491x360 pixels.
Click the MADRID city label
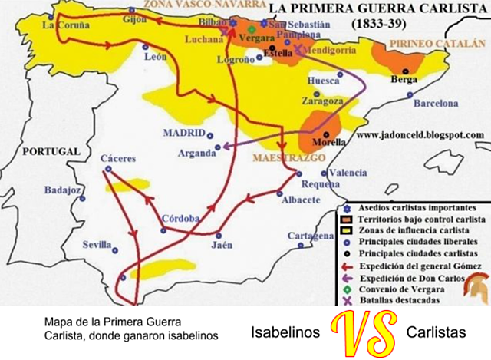tap(184, 133)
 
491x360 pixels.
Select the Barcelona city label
tap(435, 103)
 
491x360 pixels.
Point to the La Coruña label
tap(61, 25)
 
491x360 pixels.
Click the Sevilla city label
tap(97, 245)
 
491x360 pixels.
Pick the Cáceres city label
tap(118, 159)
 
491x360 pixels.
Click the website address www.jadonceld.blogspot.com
tap(420, 134)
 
